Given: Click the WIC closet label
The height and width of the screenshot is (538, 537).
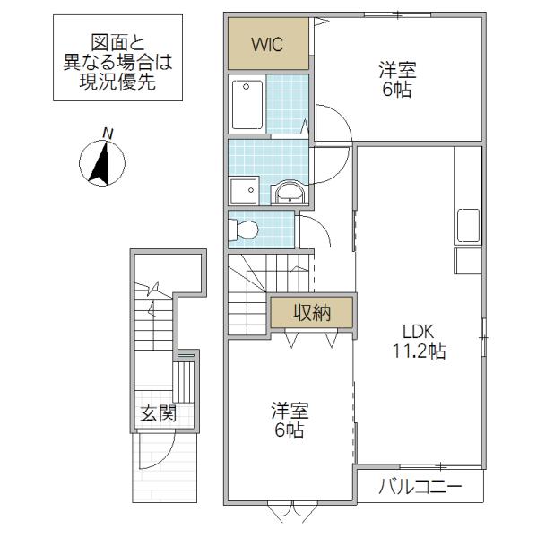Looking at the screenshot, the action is (267, 44).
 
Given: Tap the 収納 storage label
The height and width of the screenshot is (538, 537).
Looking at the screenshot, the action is (312, 313).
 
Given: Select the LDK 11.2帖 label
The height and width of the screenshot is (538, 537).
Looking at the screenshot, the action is (419, 341).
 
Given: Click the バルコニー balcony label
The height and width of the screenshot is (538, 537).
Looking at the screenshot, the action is (420, 486).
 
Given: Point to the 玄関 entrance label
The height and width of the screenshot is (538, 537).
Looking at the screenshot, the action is (158, 413).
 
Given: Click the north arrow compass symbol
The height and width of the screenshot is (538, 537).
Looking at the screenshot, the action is (102, 163).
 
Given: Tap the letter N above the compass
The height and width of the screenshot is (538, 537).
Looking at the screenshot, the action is (108, 134).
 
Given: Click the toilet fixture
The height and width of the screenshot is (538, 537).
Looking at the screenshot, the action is (243, 230).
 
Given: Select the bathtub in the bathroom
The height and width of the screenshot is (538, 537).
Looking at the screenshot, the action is (247, 104).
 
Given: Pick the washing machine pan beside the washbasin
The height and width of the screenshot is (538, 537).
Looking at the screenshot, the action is (245, 191).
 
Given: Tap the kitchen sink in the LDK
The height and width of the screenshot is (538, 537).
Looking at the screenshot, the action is (468, 227).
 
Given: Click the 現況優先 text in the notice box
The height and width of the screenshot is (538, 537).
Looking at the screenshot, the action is (117, 82).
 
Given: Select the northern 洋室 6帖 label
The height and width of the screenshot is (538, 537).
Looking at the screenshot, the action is (397, 79).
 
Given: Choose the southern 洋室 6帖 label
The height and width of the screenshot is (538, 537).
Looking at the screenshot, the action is (290, 420).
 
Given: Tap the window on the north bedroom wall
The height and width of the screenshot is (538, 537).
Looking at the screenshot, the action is (397, 14).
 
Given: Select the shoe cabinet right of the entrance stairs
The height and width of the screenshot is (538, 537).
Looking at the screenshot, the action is (184, 381).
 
